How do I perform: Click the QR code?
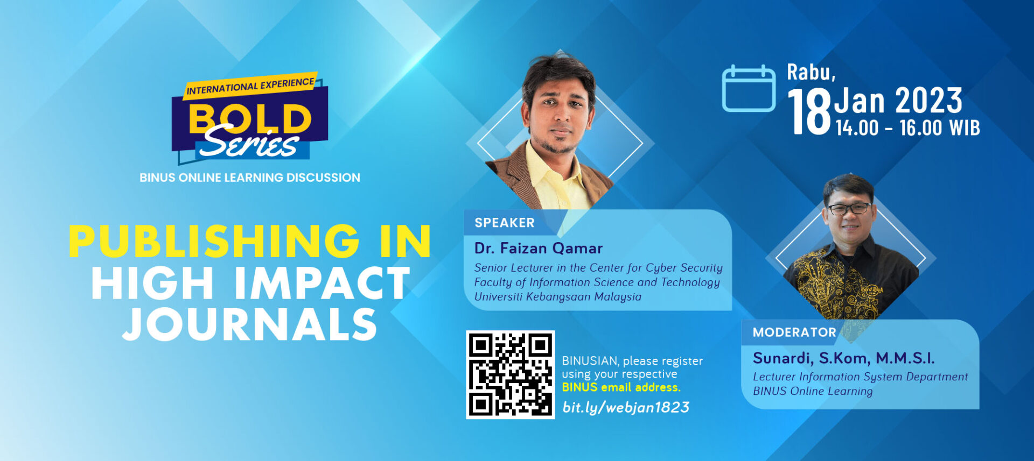pos(510,374)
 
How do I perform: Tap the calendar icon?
pos(749,88)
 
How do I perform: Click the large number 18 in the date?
pos(809,112)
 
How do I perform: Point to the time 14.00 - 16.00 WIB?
pos(907,128)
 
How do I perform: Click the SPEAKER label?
pos(505,223)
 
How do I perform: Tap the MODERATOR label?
pos(794,332)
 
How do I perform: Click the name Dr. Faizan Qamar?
pos(539,249)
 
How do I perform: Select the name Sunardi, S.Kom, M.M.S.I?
pos(844,358)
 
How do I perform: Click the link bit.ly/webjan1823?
pos(626,408)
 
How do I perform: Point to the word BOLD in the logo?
pos(250,118)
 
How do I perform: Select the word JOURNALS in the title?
pos(250,324)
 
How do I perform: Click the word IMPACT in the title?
pos(323,283)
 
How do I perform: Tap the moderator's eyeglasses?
pos(848,209)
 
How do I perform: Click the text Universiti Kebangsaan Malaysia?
pos(558,297)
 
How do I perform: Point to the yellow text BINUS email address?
pos(621,387)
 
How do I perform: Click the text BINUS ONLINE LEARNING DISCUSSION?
pos(250,178)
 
